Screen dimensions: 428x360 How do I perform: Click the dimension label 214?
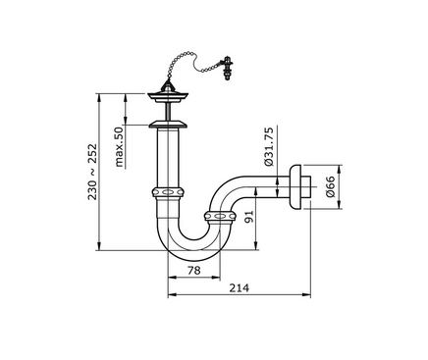coord(239,288)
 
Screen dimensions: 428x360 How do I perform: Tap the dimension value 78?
coord(193,271)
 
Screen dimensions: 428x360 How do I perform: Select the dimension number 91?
coord(249,217)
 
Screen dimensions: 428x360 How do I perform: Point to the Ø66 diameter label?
coord(331,186)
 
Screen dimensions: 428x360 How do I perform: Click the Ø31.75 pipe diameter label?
coord(269,147)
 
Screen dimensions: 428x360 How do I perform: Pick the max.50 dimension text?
coord(120,147)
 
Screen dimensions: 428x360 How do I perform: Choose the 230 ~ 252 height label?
coord(92,172)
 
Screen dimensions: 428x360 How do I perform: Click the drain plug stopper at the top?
coord(168,94)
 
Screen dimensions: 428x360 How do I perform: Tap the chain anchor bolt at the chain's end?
coord(227,68)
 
